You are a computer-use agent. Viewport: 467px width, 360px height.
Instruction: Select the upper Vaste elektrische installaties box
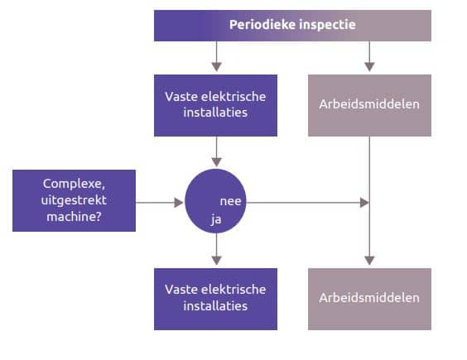[x=215, y=105]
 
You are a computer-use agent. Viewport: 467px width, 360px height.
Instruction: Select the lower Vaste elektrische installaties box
[x=215, y=299]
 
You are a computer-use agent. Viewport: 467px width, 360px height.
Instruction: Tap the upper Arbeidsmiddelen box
[x=369, y=105]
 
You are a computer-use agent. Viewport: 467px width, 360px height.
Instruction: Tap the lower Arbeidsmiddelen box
[x=369, y=299]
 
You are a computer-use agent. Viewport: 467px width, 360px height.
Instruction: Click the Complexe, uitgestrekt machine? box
[x=75, y=201]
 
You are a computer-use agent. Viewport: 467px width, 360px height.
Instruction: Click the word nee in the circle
[x=230, y=201]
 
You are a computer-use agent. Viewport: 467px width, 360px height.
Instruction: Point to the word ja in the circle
[x=216, y=220]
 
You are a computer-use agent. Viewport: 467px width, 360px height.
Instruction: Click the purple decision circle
[x=215, y=201]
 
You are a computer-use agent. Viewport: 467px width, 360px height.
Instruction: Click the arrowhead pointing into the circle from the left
[x=179, y=203]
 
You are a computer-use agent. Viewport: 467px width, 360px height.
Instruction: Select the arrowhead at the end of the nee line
[x=364, y=203]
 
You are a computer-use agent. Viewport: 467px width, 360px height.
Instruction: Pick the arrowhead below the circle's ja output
[x=216, y=260]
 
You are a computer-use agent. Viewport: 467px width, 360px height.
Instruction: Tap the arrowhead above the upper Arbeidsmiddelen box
[x=369, y=67]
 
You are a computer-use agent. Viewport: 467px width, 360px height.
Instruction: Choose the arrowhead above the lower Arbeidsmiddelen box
[x=369, y=260]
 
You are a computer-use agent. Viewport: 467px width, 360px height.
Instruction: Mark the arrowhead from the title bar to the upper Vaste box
[x=216, y=67]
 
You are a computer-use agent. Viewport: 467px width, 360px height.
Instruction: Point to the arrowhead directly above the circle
[x=216, y=162]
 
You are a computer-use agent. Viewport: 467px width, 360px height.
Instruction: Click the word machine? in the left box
[x=75, y=217]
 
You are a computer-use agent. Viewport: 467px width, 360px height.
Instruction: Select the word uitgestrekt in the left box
[x=74, y=200]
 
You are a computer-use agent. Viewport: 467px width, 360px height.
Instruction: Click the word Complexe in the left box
[x=73, y=184]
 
